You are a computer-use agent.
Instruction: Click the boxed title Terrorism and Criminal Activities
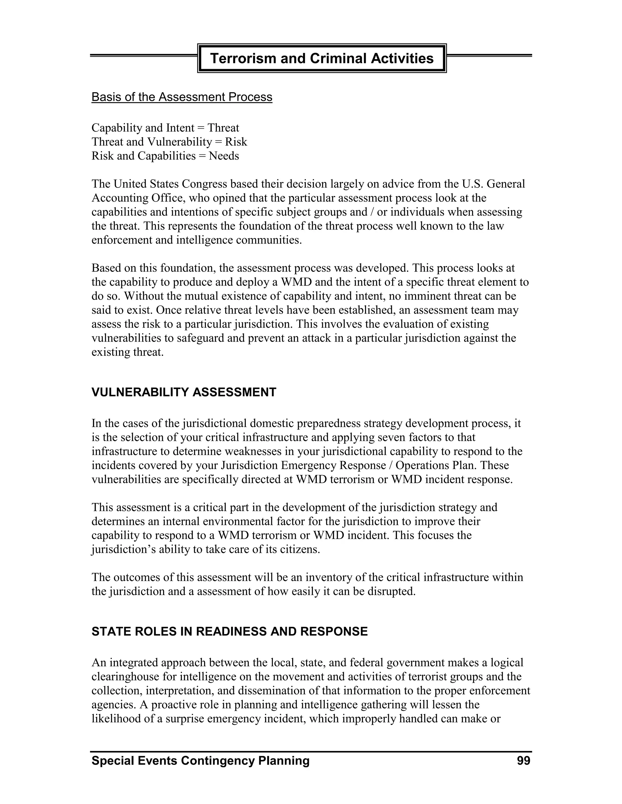point(322,59)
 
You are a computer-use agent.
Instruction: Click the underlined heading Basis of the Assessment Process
point(182,97)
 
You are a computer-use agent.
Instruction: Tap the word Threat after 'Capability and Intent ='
point(223,128)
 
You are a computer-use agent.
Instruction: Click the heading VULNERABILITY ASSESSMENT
point(183,392)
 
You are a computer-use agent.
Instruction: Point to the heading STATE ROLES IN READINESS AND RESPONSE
point(229,631)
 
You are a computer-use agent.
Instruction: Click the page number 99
point(524,761)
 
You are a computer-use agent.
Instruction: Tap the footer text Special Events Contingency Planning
point(200,761)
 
